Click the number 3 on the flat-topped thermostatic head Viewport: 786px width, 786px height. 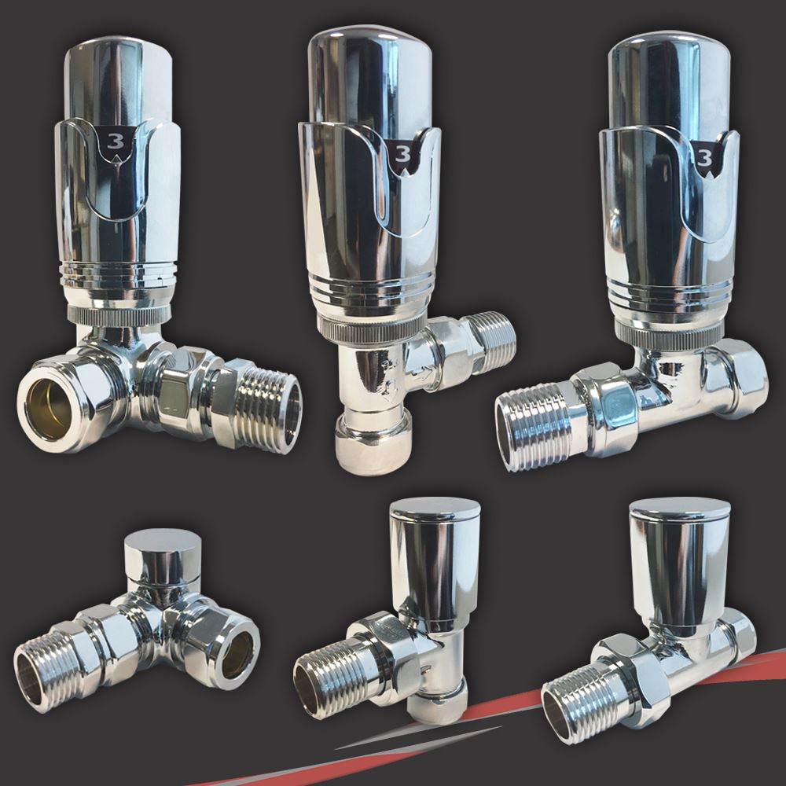point(116,143)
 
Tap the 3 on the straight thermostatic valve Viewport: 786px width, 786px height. point(704,158)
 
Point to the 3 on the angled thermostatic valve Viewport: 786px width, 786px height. point(402,152)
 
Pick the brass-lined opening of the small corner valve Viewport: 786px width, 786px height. point(235,654)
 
